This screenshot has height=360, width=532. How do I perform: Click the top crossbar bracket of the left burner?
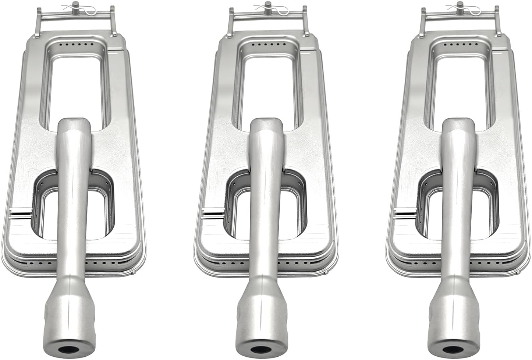77,16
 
